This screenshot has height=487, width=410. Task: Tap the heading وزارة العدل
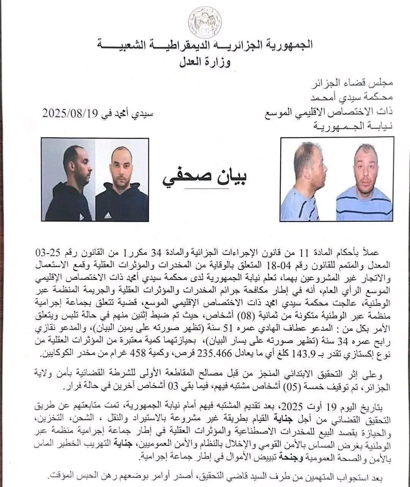(x=205, y=61)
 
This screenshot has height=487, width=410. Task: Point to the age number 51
(x=243, y=328)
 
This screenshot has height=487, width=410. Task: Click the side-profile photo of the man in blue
(x=308, y=180)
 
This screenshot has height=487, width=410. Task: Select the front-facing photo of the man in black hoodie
(x=121, y=180)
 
